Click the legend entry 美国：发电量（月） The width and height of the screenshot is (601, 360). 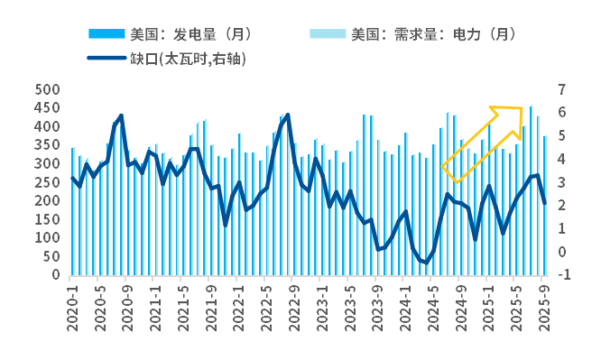(190, 34)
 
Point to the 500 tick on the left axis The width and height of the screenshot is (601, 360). (47, 89)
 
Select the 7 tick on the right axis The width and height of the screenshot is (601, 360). (562, 89)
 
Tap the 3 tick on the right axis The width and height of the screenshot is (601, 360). (562, 182)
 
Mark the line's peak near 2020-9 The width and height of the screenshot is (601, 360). (121, 115)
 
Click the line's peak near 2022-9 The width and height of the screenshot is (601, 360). (288, 115)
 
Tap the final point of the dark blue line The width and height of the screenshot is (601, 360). (545, 203)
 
